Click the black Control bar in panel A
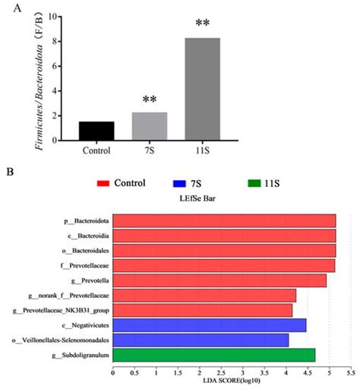[x=96, y=131]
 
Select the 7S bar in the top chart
[x=149, y=126]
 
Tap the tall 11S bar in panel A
[x=203, y=89]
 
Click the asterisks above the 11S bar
[x=203, y=24]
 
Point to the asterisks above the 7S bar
[x=149, y=100]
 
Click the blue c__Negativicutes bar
[x=209, y=325]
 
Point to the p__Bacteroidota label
[x=86, y=221]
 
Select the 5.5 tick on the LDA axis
[x=350, y=372]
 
